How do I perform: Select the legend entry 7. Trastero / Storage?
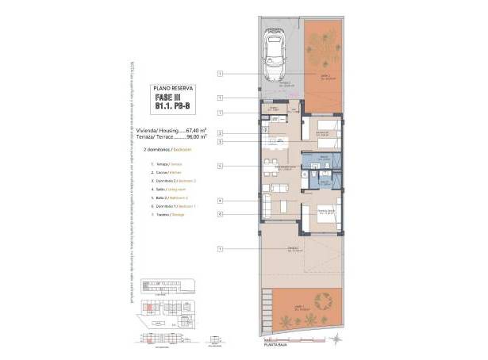click(x=167, y=215)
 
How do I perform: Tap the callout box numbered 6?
click(x=220, y=213)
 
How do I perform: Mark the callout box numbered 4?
click(x=220, y=201)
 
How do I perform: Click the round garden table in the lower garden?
click(x=321, y=301)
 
